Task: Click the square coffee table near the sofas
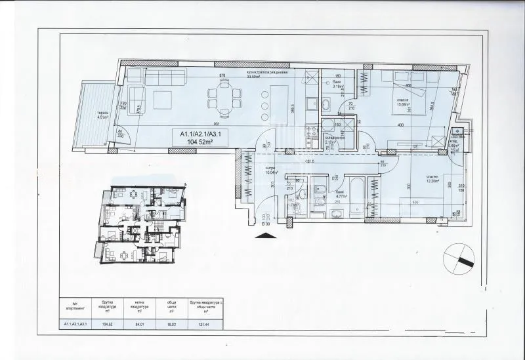(161, 99)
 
